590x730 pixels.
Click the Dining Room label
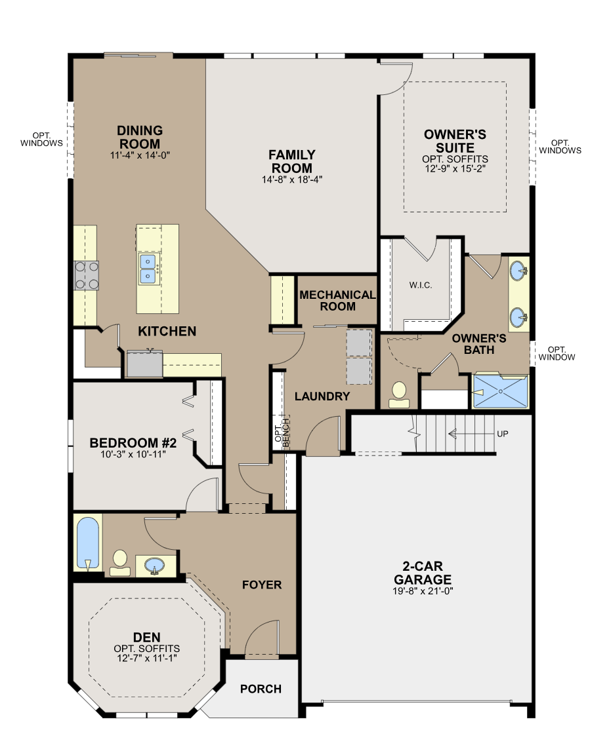[140, 137]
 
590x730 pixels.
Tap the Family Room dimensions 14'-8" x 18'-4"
[292, 180]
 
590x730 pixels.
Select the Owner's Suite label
[455, 141]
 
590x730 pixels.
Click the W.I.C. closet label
[421, 285]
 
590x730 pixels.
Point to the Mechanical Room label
[338, 301]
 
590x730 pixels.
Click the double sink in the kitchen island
[148, 269]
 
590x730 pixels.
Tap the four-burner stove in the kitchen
[87, 275]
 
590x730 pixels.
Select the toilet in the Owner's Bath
[399, 394]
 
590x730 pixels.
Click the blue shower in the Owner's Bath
[500, 391]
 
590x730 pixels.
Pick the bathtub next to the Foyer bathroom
[88, 543]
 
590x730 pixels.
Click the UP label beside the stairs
[502, 434]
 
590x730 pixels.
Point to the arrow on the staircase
[471, 434]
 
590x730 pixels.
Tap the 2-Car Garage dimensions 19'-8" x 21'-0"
[423, 591]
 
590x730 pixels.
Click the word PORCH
[261, 689]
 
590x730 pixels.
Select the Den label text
[146, 638]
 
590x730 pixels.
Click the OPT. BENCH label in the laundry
[282, 433]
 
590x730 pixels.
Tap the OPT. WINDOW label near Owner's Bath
[557, 353]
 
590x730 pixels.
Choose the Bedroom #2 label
[133, 443]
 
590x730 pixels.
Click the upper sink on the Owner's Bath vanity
[518, 271]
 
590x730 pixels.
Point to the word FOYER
[262, 585]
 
